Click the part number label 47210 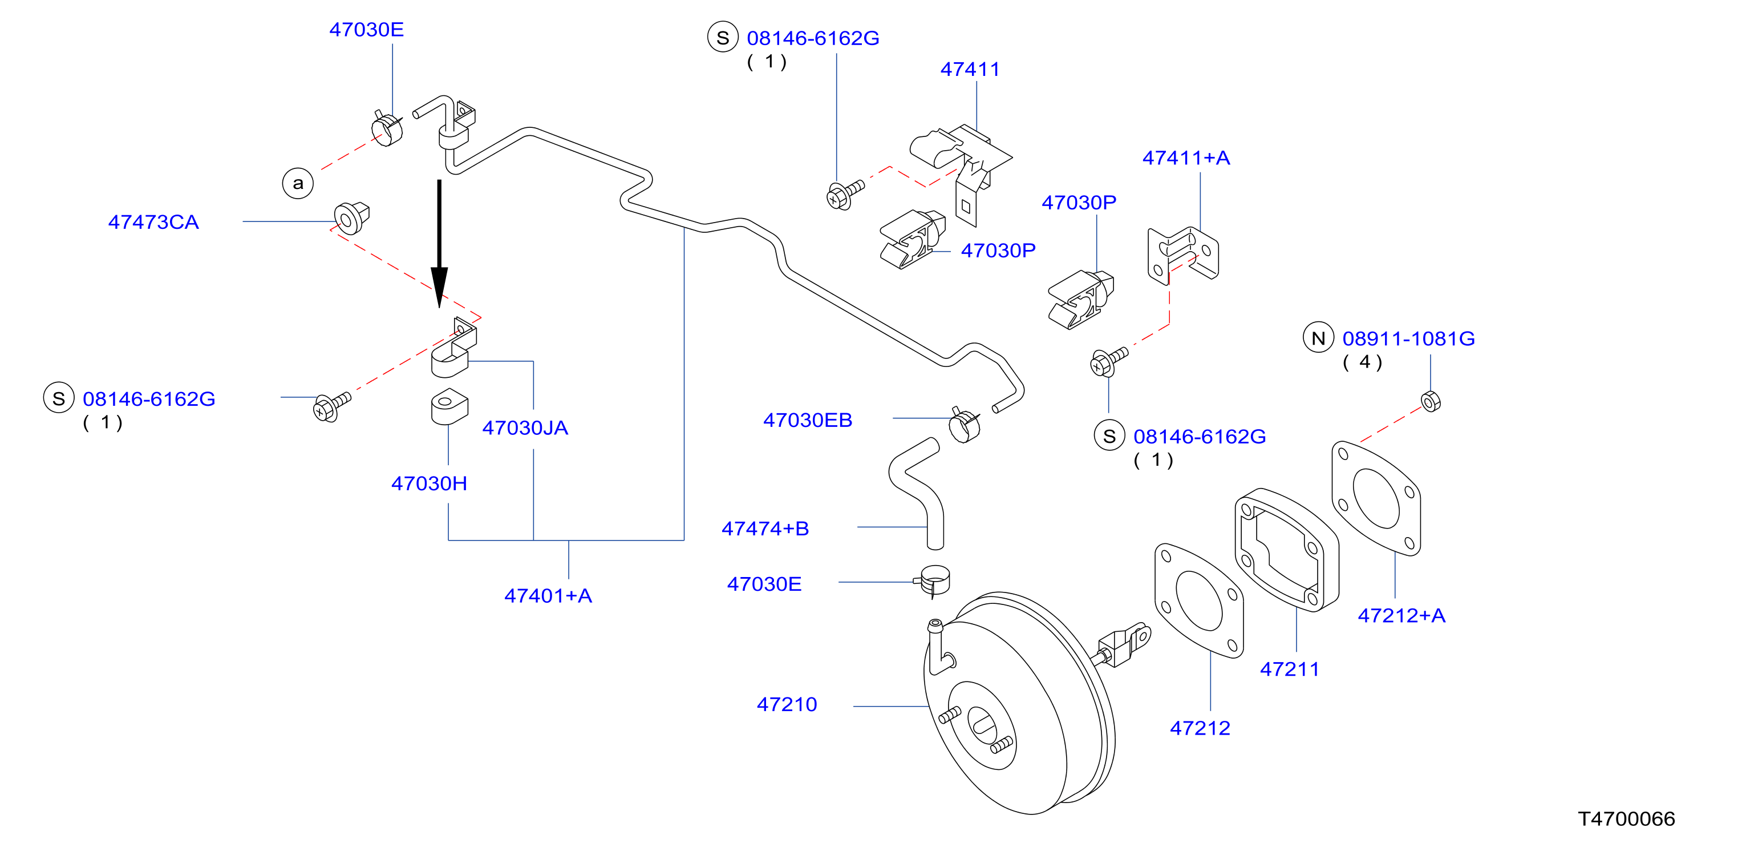(787, 704)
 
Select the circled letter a (298, 183)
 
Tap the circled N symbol (1318, 337)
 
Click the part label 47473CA (153, 222)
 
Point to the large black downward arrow (440, 244)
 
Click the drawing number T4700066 (1626, 818)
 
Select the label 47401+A (548, 595)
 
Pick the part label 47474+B (765, 529)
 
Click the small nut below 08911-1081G (1431, 401)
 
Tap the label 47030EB (808, 420)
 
